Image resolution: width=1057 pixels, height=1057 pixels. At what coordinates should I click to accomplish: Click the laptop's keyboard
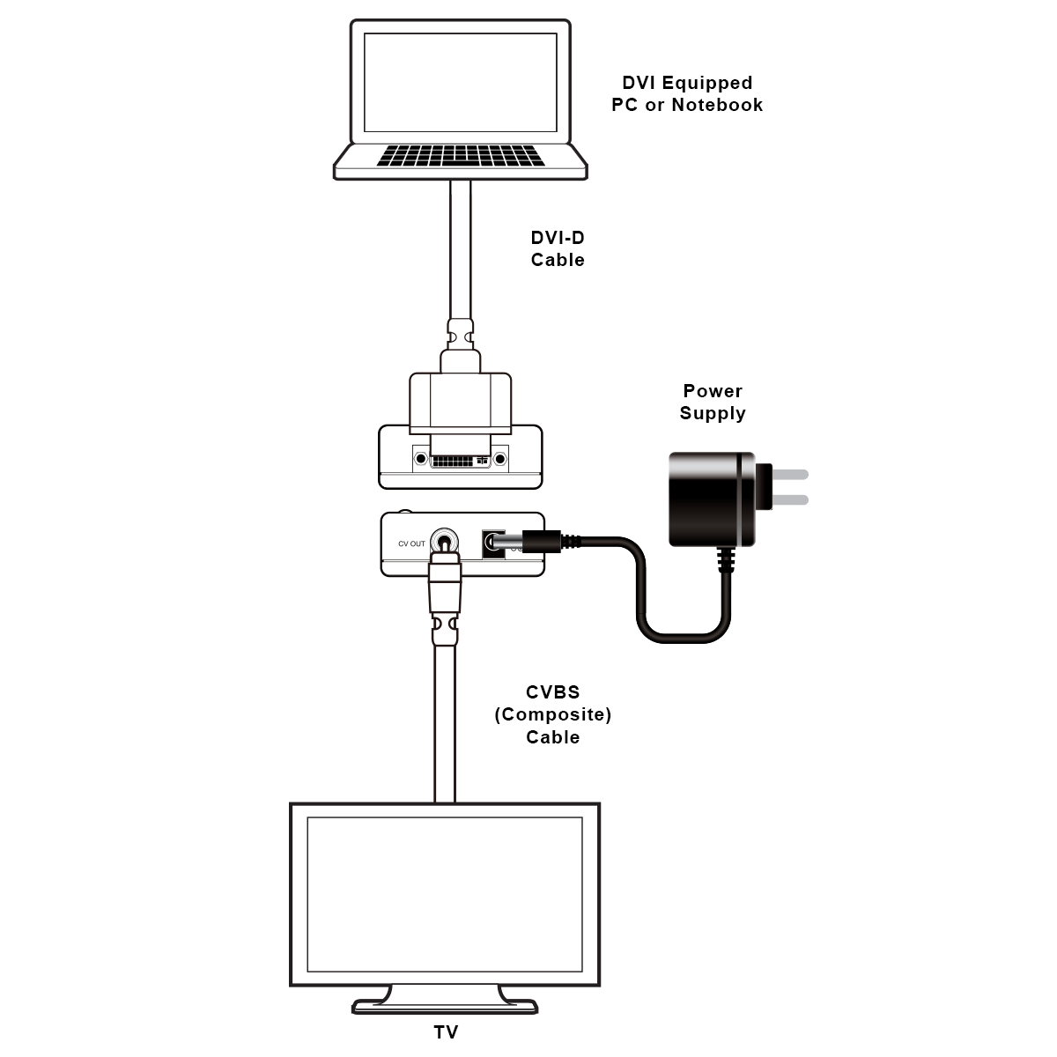[x=461, y=156]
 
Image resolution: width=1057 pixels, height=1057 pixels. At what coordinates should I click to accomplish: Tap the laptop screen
[x=461, y=81]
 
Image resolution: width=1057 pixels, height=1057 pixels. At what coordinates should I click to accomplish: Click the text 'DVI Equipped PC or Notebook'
[x=687, y=93]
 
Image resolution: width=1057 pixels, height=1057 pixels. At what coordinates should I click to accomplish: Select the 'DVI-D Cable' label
[x=558, y=248]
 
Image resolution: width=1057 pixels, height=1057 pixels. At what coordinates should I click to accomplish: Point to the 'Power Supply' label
[x=713, y=402]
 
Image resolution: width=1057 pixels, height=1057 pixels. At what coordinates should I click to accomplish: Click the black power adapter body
[x=711, y=499]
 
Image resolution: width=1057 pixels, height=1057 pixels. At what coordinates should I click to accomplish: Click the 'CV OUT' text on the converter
[x=411, y=543]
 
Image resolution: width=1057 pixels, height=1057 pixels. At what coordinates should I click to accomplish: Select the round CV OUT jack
[x=445, y=543]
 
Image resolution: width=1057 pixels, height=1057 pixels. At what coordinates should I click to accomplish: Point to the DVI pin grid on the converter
[x=451, y=461]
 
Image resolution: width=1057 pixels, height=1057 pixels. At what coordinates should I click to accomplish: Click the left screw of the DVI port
[x=420, y=459]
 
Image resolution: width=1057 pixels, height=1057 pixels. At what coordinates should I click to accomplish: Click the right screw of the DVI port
[x=500, y=459]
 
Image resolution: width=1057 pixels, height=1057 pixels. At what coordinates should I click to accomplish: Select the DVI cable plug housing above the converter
[x=460, y=401]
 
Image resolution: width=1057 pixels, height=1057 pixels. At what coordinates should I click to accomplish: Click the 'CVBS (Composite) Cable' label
[x=553, y=714]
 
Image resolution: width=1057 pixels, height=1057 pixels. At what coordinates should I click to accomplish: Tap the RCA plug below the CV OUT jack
[x=445, y=586]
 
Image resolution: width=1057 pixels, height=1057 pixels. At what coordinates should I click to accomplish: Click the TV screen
[x=445, y=894]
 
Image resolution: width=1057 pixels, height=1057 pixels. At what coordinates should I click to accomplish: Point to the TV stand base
[x=445, y=1005]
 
